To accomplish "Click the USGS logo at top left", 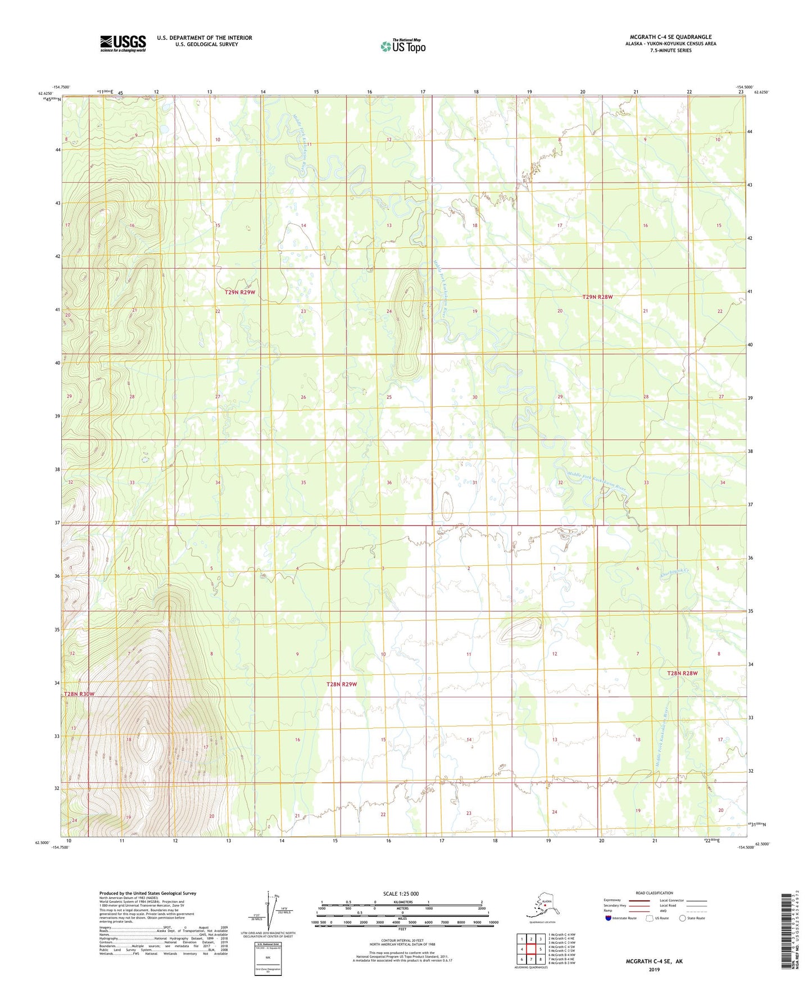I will click(x=123, y=43).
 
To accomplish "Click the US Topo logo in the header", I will click(x=402, y=46).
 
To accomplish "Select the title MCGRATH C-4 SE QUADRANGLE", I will click(x=670, y=37).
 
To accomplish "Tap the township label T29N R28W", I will click(x=597, y=297).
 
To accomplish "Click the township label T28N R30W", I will click(x=79, y=694).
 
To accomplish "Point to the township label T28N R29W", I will click(x=342, y=684).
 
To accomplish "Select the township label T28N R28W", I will click(x=682, y=673).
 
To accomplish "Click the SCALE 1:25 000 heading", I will click(x=401, y=893).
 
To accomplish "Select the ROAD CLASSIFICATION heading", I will click(x=654, y=893).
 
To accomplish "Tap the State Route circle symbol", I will click(x=682, y=918).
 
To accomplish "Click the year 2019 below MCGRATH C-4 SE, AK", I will click(x=654, y=969).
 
